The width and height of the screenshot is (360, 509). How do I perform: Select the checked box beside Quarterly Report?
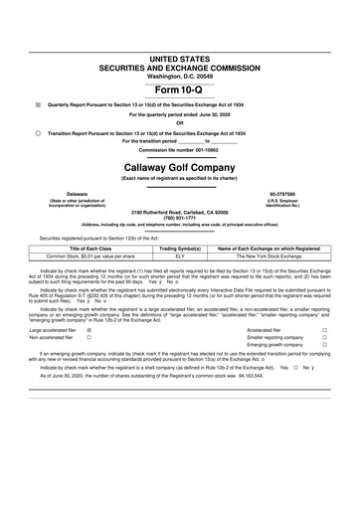(x=39, y=102)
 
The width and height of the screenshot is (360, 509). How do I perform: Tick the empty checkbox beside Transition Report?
(x=39, y=132)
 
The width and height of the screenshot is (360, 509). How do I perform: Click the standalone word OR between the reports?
(x=180, y=123)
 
